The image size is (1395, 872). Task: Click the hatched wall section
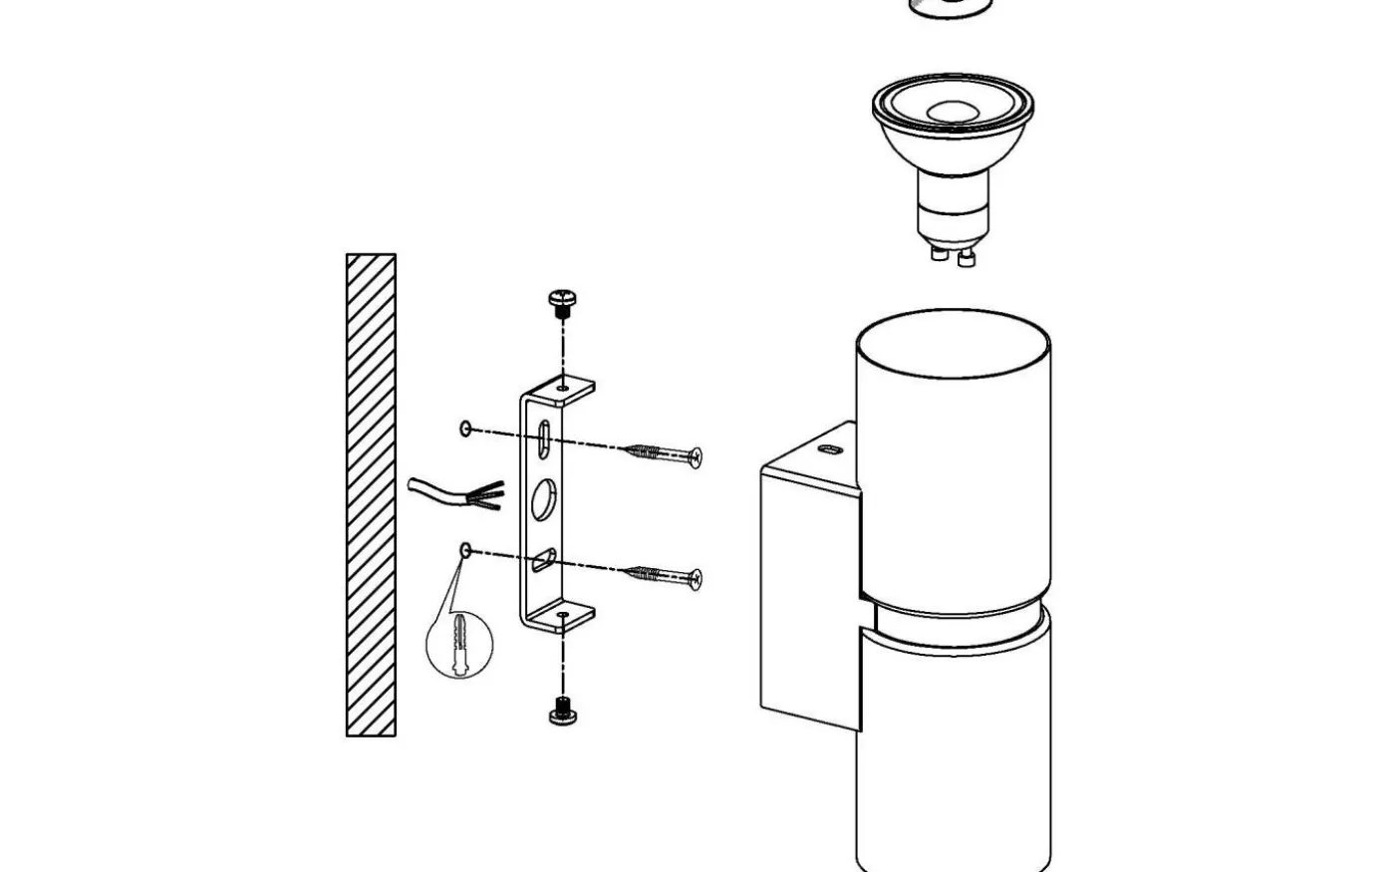(x=371, y=495)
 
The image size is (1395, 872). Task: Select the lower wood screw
(x=663, y=575)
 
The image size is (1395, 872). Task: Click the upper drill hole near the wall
(x=465, y=429)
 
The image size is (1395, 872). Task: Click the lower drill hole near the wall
(x=465, y=549)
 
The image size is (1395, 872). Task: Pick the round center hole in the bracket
(x=543, y=498)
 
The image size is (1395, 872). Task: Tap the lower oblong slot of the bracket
(x=545, y=559)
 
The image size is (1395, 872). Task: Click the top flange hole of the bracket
(x=564, y=387)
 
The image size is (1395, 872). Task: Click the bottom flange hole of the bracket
(x=564, y=617)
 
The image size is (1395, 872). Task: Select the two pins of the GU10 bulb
(x=953, y=256)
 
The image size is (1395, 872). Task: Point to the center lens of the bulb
(x=952, y=112)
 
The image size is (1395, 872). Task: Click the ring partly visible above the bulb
(x=951, y=8)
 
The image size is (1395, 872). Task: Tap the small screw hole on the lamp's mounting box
(x=826, y=450)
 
